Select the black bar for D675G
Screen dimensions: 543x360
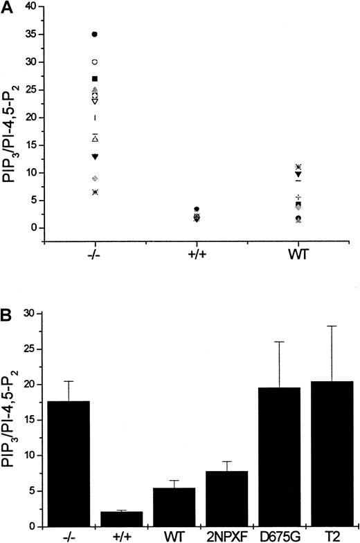(x=271, y=457)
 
